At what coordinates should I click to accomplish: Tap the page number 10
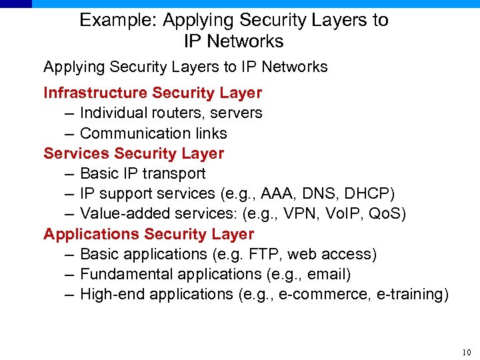point(465,353)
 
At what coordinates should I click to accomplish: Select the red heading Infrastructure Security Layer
point(153,93)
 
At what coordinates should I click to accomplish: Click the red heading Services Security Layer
point(133,153)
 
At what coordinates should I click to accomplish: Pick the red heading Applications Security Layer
point(149,234)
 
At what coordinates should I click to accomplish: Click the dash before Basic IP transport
point(70,174)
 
